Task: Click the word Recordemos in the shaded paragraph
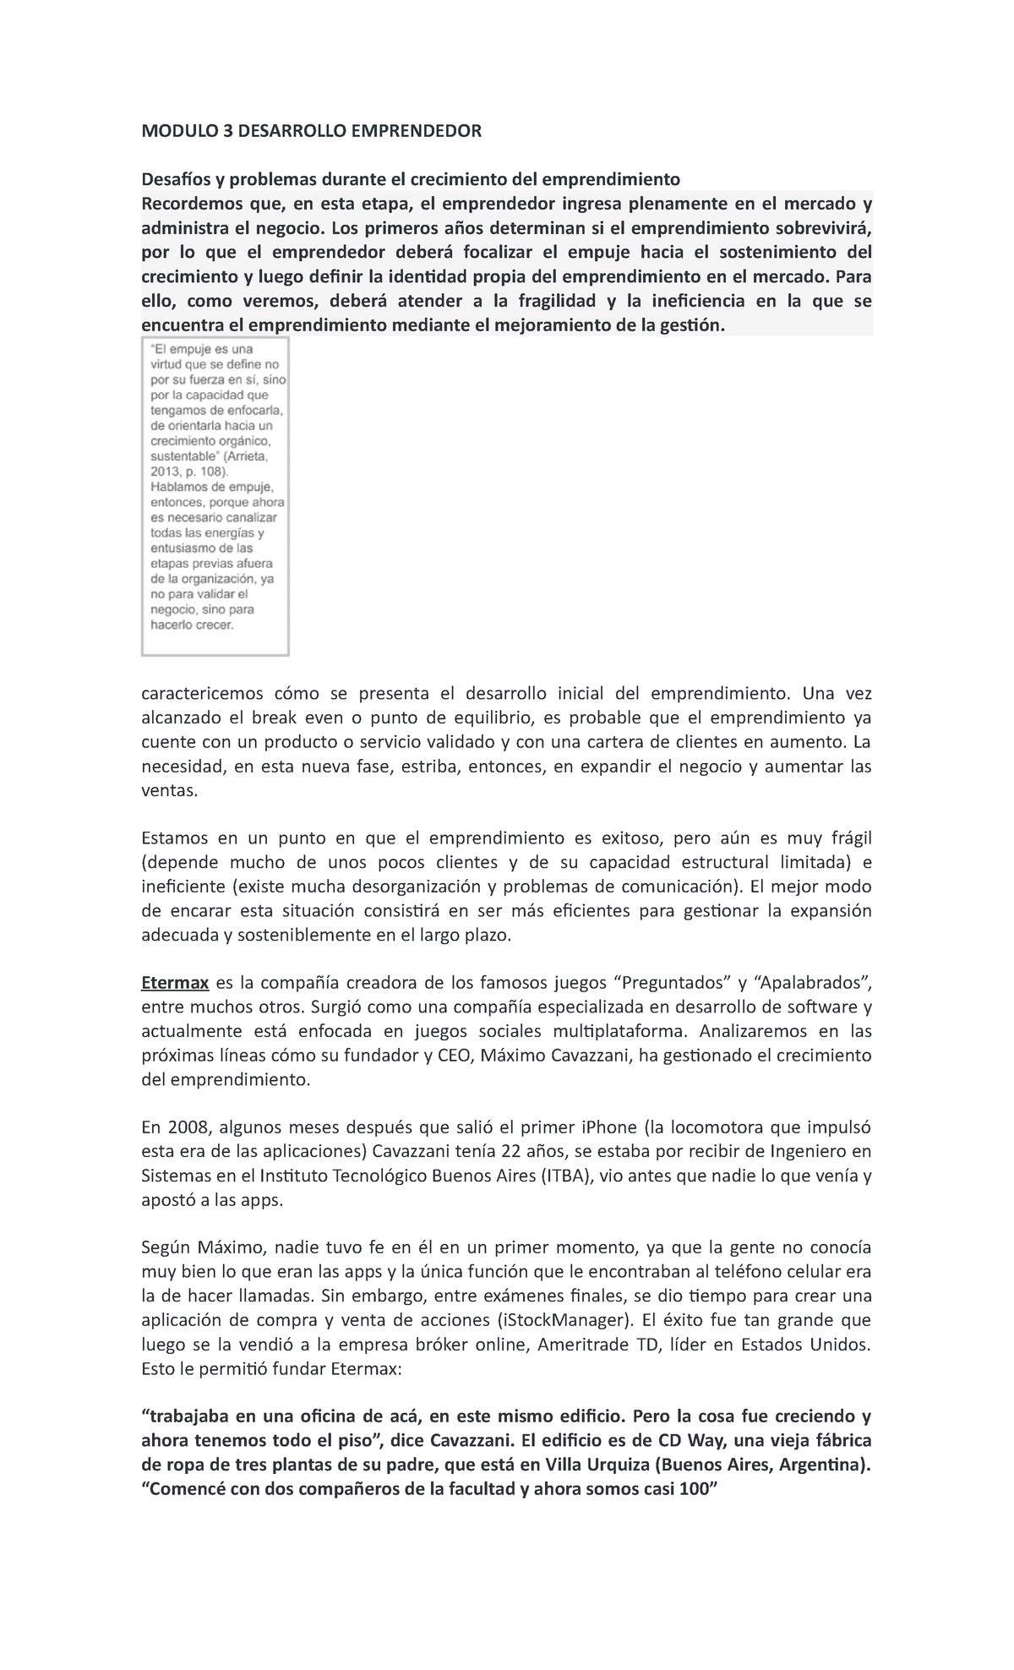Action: point(191,204)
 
